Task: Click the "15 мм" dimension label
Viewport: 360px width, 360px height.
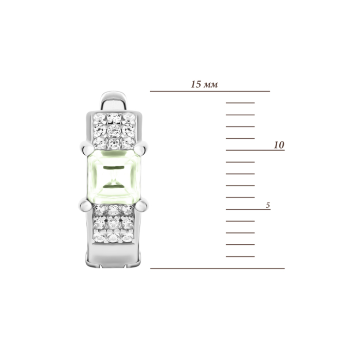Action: tap(204, 84)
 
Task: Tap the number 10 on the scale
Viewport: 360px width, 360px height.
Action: tap(279, 145)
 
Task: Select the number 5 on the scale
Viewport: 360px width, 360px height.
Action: tap(268, 205)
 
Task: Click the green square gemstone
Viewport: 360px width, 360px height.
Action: tap(114, 177)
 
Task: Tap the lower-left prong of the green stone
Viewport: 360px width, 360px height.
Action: tap(85, 205)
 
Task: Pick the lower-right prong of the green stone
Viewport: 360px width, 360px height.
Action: tap(142, 206)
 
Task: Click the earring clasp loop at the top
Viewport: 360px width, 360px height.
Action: tap(114, 101)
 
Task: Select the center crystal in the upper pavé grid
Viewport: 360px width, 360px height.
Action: tap(114, 131)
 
